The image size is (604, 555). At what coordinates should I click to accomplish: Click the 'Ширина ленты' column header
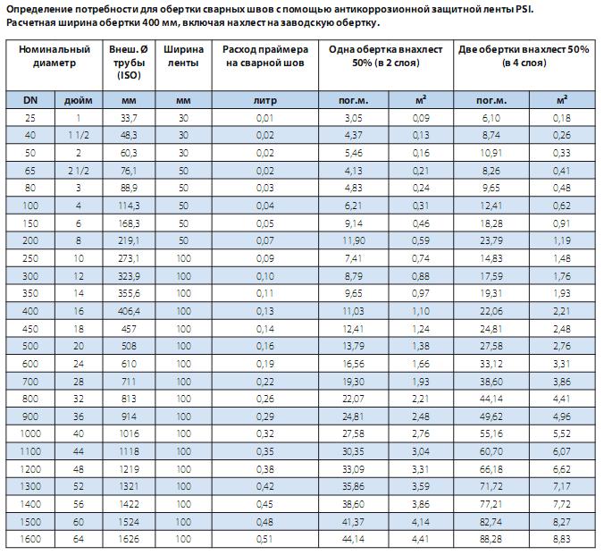183,56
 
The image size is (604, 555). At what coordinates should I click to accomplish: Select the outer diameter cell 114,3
129,206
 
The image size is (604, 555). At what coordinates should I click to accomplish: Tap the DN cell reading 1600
30,538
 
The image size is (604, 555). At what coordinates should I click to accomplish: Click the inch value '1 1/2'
79,135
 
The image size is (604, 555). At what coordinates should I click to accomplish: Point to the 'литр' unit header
265,101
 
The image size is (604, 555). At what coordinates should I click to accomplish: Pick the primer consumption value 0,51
265,538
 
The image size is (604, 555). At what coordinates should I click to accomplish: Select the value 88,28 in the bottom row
491,538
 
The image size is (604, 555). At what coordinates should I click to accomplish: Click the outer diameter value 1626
129,538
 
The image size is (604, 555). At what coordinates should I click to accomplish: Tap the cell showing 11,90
354,241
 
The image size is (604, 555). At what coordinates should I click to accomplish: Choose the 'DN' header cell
30,100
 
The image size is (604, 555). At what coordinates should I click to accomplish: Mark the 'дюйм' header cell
79,101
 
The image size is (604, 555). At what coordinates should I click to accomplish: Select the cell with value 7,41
354,258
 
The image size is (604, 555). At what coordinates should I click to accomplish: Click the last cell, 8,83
562,538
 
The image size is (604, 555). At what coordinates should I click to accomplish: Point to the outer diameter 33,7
129,118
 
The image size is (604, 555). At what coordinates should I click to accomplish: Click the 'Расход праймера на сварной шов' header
265,56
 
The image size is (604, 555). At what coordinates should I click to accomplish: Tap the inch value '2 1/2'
79,171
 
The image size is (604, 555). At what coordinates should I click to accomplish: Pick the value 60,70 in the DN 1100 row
491,451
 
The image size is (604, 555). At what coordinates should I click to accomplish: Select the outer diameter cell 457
129,329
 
